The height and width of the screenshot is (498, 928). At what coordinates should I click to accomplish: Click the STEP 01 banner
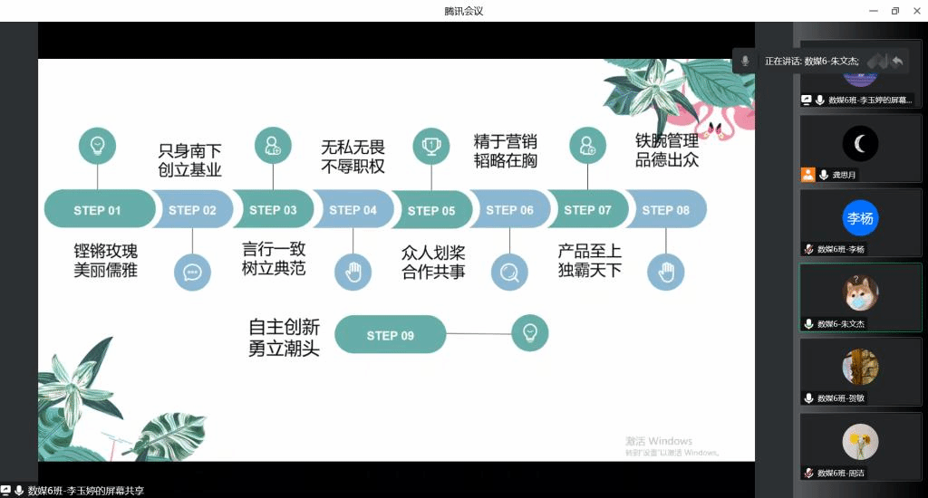[x=97, y=210]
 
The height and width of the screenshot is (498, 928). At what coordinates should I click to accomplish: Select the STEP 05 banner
[x=431, y=210]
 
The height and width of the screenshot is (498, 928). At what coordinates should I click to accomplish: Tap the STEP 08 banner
[x=666, y=210]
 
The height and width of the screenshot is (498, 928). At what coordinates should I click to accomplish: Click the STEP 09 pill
[x=390, y=335]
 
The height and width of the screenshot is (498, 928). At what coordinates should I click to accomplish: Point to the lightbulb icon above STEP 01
[x=97, y=145]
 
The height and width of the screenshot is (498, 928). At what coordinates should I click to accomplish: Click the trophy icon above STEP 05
[x=431, y=145]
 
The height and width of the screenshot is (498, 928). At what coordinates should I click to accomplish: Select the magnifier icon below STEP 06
[x=509, y=272]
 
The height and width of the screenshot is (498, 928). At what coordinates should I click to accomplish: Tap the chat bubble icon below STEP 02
[x=192, y=272]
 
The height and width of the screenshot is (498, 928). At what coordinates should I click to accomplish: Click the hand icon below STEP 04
[x=353, y=272]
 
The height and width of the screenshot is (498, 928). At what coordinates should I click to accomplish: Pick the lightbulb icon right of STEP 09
[x=530, y=332]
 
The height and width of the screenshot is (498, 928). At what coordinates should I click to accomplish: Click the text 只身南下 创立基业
[x=190, y=160]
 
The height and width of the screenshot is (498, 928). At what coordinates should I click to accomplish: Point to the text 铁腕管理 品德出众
[x=667, y=151]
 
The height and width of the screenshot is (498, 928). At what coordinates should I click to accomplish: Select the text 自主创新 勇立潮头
[x=285, y=337]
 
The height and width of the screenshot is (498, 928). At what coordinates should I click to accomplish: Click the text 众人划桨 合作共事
[x=433, y=262]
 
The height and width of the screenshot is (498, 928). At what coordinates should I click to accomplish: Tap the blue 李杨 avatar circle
[x=860, y=218]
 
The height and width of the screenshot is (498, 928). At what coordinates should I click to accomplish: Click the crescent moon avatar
[x=860, y=143]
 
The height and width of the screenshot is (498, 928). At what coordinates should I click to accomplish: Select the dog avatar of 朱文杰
[x=860, y=292]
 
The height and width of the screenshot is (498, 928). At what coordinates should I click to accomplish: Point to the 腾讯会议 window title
[x=464, y=11]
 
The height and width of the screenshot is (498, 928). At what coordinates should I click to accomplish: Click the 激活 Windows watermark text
[x=659, y=441]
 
